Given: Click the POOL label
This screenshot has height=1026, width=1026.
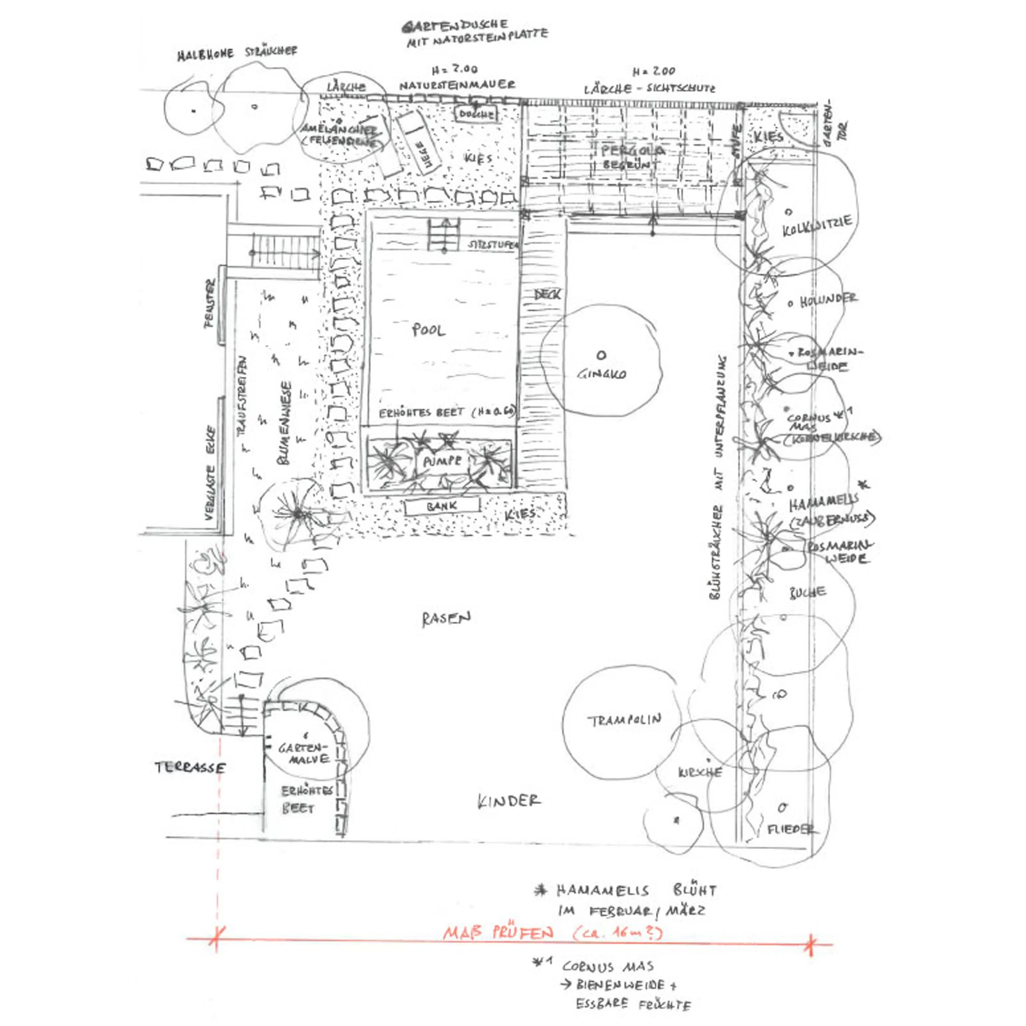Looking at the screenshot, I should pos(428,330).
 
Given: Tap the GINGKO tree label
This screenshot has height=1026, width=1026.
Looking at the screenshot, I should pos(602,374).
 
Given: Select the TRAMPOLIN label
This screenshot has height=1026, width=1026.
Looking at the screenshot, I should pos(625,720).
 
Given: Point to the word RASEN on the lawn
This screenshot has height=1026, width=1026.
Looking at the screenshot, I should pos(446,619).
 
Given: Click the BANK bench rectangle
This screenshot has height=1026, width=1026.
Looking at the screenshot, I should pos(442,506).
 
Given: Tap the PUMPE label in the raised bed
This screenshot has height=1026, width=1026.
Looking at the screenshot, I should pos(442,461).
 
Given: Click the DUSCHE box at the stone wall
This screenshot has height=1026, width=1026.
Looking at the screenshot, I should pos(476,114).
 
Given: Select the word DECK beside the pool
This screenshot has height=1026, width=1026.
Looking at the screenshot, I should pos(547,294).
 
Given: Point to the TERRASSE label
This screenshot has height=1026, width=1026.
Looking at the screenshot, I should pos(190,768).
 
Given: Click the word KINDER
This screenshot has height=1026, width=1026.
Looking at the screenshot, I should pos(509,802).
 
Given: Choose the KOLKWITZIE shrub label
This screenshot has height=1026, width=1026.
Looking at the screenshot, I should pos(818,226).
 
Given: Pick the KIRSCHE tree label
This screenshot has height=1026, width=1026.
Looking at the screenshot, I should pos(700,772).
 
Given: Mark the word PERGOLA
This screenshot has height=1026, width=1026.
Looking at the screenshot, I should pos(632,151).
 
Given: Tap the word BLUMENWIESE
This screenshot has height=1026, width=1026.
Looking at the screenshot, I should pos(286,423).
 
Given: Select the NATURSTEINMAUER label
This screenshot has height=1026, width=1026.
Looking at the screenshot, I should pos(457,85).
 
